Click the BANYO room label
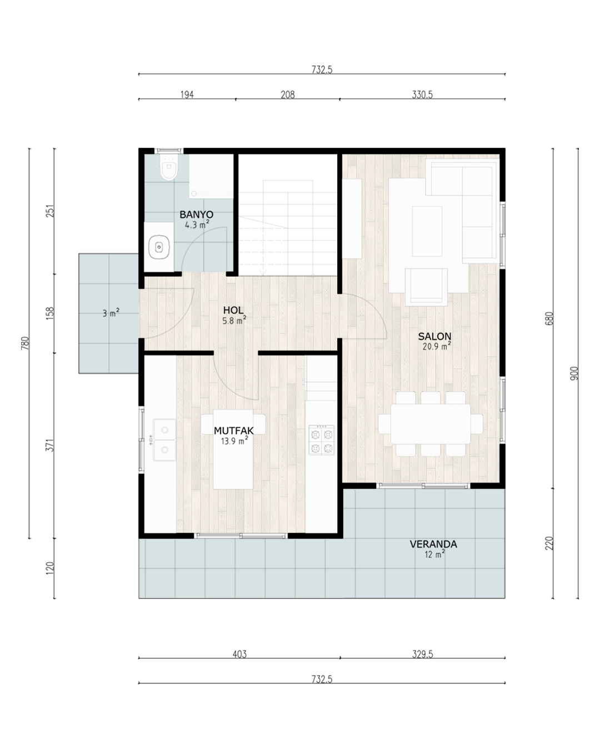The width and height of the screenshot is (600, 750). click(x=196, y=214)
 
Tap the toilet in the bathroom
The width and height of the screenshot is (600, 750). click(x=169, y=167)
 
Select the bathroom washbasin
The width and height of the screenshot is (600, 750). click(x=159, y=247)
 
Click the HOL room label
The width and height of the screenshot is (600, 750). click(x=233, y=310)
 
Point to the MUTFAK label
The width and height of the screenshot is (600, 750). click(x=233, y=431)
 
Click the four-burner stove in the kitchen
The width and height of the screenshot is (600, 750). click(x=322, y=440)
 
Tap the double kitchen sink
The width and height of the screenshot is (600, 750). click(x=164, y=440)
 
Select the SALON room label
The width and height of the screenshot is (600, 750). click(x=434, y=336)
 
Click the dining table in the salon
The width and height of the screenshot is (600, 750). click(x=430, y=424)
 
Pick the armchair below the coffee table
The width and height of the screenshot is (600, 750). click(x=426, y=287)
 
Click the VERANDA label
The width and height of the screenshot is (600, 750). click(x=433, y=544)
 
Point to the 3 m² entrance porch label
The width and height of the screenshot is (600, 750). click(x=111, y=313)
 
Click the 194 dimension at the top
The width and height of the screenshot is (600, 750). click(x=187, y=95)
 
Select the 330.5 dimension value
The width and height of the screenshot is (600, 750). click(x=422, y=95)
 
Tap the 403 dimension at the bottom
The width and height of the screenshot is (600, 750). click(x=239, y=654)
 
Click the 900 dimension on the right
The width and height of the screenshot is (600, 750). click(x=574, y=373)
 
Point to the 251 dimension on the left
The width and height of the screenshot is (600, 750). click(x=50, y=211)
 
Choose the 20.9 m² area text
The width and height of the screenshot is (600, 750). click(x=437, y=347)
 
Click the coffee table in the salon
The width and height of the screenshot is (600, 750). click(x=427, y=231)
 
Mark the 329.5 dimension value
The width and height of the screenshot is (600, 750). click(x=422, y=654)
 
